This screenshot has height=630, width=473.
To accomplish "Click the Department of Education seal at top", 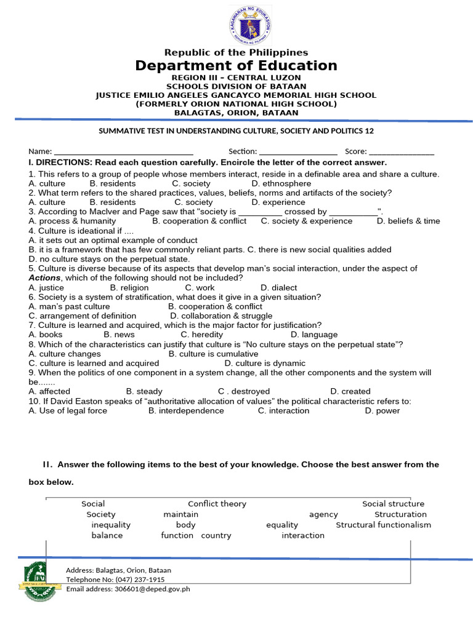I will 249,25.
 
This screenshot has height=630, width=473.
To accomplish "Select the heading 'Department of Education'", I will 236,66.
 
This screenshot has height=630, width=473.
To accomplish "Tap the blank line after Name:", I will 124,152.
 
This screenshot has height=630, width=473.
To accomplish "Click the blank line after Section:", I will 298,152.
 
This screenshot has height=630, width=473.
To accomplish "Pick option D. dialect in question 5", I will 278,287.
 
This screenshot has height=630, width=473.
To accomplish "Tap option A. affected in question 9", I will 49,391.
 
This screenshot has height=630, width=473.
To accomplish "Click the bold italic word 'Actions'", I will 44,278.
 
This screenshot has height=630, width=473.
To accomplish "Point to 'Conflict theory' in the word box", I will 217,504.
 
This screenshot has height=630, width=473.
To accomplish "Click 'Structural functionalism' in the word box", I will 383,525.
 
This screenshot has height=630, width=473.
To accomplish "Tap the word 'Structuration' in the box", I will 400,514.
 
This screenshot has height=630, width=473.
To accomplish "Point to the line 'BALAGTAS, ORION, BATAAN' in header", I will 236,113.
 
